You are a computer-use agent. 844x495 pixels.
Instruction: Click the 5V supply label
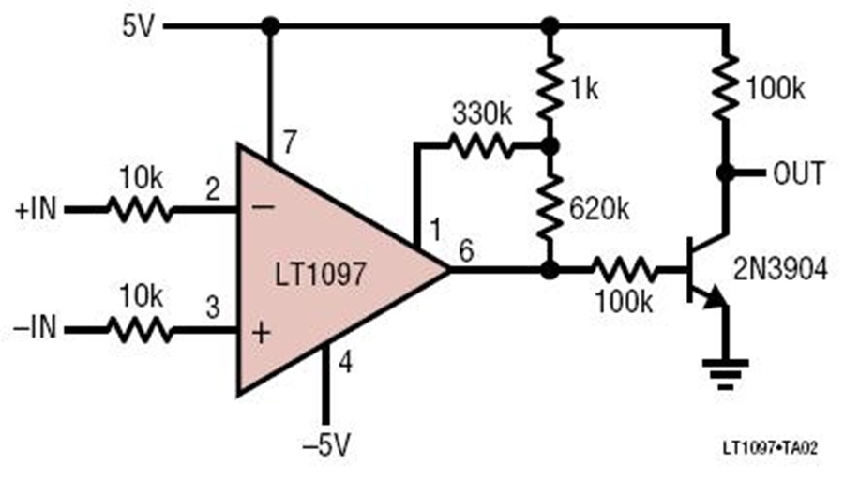pyautogui.click(x=139, y=26)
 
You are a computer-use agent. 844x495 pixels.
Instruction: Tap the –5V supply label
pyautogui.click(x=326, y=445)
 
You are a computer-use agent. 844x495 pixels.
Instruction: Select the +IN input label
pyautogui.click(x=36, y=209)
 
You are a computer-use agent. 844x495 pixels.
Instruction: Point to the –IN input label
pyautogui.click(x=35, y=328)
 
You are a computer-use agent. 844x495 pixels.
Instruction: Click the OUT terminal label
pyautogui.click(x=798, y=173)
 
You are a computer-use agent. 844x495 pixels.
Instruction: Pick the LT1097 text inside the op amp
pyautogui.click(x=321, y=274)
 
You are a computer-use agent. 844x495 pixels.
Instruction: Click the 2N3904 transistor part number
pyautogui.click(x=780, y=269)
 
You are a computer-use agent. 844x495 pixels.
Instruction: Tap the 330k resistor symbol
pyautogui.click(x=481, y=146)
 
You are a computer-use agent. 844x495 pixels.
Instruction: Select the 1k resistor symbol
pyautogui.click(x=550, y=89)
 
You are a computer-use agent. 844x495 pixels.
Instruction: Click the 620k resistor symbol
pyautogui.click(x=550, y=209)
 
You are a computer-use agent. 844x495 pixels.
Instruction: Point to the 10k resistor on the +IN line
pyautogui.click(x=140, y=209)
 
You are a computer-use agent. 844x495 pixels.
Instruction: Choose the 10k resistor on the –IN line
pyautogui.click(x=140, y=329)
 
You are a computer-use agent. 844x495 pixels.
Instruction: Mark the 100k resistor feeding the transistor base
pyautogui.click(x=625, y=269)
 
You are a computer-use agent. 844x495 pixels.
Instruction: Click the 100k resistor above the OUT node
pyautogui.click(x=726, y=87)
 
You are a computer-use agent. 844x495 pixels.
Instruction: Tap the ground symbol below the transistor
pyautogui.click(x=726, y=373)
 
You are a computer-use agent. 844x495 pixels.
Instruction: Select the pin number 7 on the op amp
pyautogui.click(x=289, y=142)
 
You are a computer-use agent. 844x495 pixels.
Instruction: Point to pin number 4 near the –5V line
pyautogui.click(x=345, y=362)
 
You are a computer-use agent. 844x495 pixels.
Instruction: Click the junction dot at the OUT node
pyautogui.click(x=726, y=173)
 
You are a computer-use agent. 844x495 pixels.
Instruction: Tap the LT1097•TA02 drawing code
pyautogui.click(x=770, y=447)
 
